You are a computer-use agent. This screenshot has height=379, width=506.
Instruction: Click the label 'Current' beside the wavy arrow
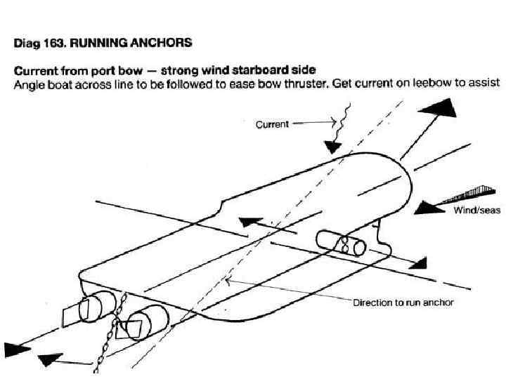tap(271, 124)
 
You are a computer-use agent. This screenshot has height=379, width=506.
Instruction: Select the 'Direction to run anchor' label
tap(403, 302)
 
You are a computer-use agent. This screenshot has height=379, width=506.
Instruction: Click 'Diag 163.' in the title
tap(38, 43)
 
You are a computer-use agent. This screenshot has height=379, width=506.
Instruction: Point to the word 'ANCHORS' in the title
tap(161, 43)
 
